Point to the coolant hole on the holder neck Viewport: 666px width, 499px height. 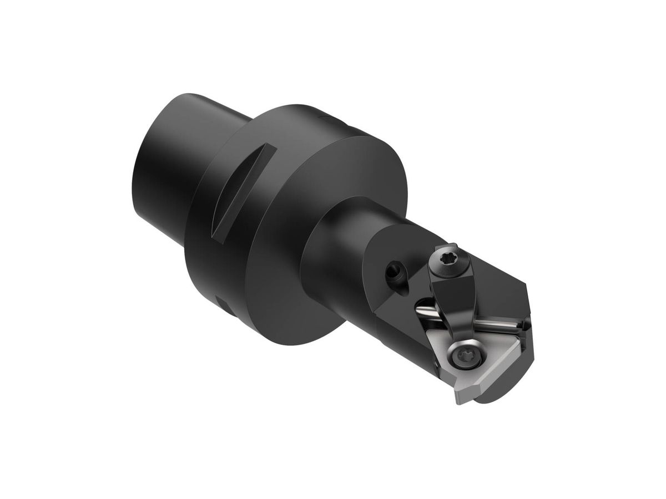394,272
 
